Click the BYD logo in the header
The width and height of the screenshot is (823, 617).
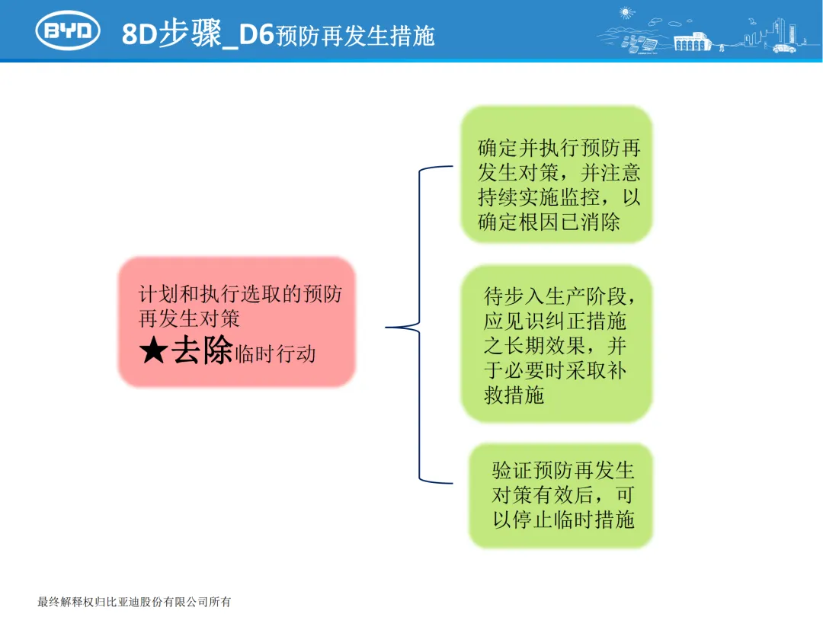[68, 30]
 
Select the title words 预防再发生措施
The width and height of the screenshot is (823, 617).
[355, 36]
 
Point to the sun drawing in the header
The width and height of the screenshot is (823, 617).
[627, 13]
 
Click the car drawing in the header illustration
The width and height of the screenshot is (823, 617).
[783, 48]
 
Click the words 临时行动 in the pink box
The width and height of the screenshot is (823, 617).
[275, 354]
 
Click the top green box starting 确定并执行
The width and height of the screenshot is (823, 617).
[557, 174]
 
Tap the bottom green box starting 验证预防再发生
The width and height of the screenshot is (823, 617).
[561, 495]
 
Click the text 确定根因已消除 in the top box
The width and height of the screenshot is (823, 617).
[549, 222]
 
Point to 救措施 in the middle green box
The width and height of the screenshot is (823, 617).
[514, 395]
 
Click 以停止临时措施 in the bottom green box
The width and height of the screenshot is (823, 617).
[563, 520]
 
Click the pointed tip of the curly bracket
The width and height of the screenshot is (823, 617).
[388, 328]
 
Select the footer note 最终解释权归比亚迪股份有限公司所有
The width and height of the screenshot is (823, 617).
[134, 602]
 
